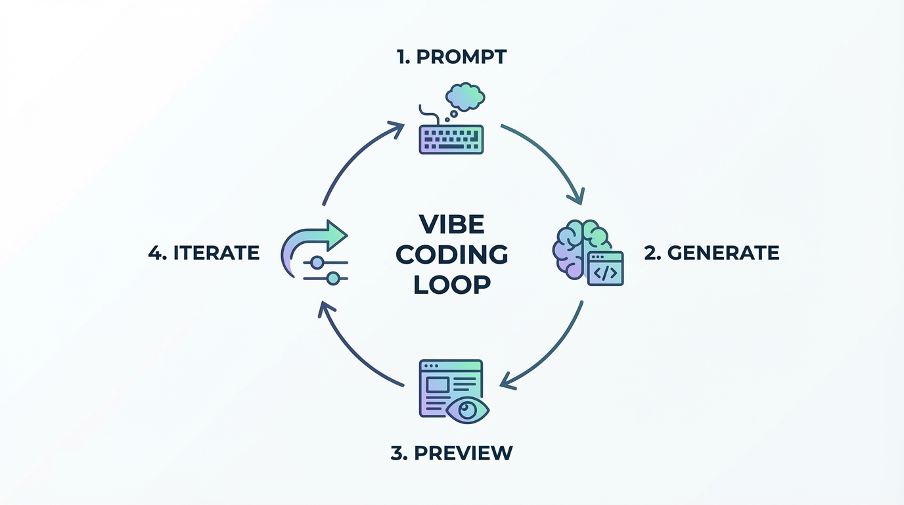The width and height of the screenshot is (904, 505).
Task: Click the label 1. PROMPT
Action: [451, 57]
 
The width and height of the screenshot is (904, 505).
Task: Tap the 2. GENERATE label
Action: [712, 253]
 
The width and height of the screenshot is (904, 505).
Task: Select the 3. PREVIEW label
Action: [451, 453]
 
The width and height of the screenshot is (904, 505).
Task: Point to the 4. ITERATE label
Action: [204, 253]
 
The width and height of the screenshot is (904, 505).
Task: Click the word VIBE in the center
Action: [451, 225]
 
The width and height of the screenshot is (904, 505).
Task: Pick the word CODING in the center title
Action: [451, 255]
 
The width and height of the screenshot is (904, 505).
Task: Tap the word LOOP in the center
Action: [451, 285]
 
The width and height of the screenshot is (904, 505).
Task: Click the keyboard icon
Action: [451, 139]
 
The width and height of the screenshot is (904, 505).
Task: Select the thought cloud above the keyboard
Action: [465, 97]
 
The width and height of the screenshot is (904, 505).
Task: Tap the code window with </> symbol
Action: [605, 269]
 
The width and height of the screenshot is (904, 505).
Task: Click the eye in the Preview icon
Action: [467, 410]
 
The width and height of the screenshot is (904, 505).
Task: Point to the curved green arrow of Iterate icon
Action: [309, 240]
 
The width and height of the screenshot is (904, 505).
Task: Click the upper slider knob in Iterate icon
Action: [317, 263]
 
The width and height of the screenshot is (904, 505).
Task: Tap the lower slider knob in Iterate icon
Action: [333, 279]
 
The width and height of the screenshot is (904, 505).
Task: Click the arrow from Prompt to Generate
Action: [552, 155]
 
